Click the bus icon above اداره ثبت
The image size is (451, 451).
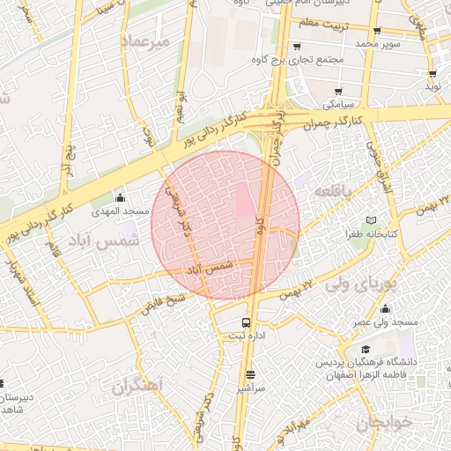click(247, 322)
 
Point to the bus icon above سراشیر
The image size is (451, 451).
click(250, 373)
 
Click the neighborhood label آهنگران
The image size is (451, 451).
click(139, 386)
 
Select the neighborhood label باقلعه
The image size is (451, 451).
click(335, 191)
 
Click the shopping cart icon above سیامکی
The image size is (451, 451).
click(339, 91)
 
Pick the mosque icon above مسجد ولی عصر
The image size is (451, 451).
click(386, 308)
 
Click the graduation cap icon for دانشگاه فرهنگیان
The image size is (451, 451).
click(366, 351)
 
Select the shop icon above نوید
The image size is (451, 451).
click(433, 74)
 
